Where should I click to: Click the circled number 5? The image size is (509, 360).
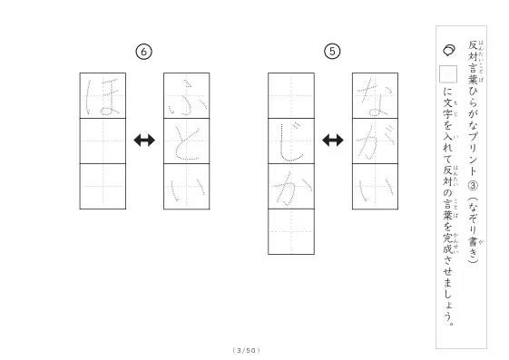(332, 52)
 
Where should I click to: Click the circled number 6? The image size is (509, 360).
(143, 52)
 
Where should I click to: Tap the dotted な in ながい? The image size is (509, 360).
(375, 96)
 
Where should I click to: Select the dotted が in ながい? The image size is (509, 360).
(375, 141)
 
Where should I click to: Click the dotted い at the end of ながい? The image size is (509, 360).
(375, 189)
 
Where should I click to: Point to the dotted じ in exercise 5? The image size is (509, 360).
(291, 141)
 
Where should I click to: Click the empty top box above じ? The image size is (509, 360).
(291, 96)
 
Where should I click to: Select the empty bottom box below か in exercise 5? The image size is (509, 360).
(291, 231)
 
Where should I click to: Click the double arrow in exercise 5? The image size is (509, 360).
(333, 141)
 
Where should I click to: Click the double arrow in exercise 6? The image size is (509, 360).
(144, 141)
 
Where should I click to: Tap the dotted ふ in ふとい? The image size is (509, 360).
(188, 97)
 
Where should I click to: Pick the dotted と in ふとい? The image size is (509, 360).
(186, 142)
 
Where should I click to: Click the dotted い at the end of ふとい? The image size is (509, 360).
(187, 189)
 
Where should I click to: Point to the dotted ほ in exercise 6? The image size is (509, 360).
(103, 97)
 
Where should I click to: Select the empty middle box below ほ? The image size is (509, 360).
(103, 141)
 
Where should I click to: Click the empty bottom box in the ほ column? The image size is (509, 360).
(103, 187)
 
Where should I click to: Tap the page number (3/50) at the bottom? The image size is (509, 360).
(247, 350)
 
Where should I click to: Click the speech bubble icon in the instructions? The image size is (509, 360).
(449, 50)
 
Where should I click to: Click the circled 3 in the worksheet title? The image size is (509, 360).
(473, 186)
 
